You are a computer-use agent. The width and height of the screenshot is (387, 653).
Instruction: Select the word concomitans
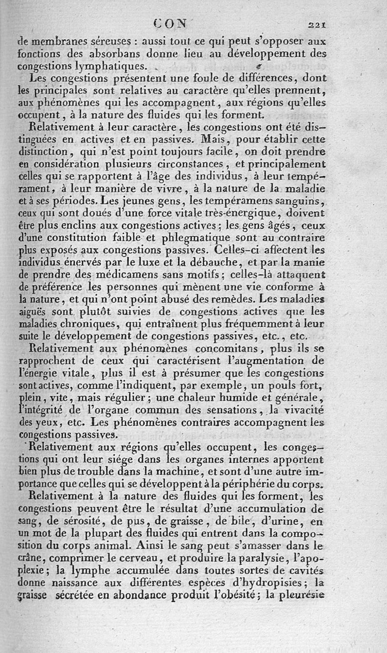[217, 349]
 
